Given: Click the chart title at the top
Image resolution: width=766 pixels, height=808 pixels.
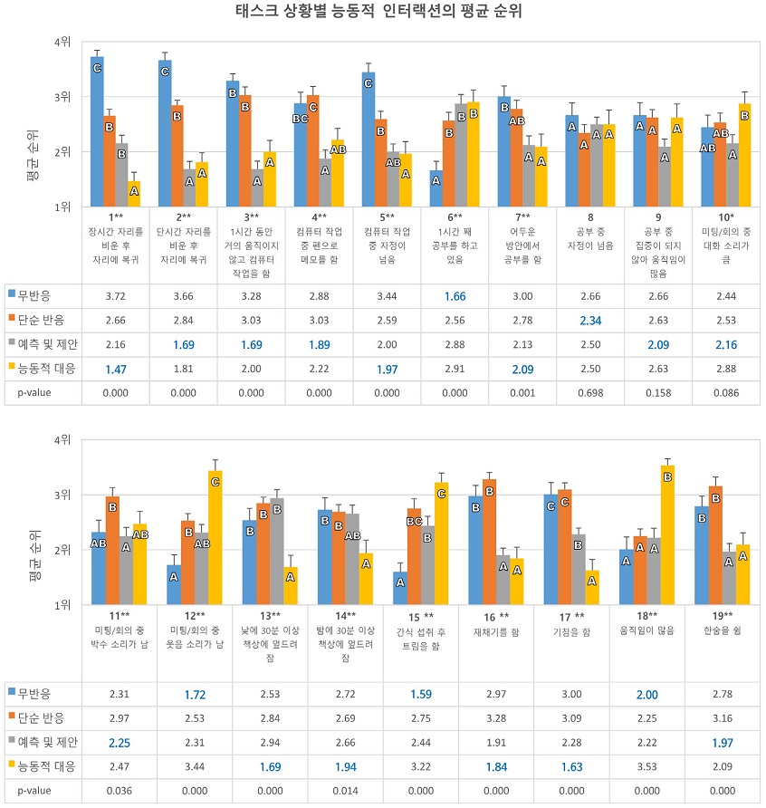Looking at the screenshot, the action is pyautogui.click(x=378, y=11).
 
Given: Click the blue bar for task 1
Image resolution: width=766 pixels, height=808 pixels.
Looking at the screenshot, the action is pyautogui.click(x=97, y=132).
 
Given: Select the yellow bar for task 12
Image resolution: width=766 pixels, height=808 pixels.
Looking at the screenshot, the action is pyautogui.click(x=215, y=537).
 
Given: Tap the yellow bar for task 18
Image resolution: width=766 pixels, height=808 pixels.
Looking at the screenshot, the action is pyautogui.click(x=667, y=534).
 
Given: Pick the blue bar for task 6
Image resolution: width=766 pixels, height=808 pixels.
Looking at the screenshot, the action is pyautogui.click(x=436, y=188).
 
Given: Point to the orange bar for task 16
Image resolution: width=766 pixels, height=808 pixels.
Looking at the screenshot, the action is pyautogui.click(x=489, y=542).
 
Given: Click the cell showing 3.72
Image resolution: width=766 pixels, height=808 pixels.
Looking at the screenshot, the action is pyautogui.click(x=115, y=296).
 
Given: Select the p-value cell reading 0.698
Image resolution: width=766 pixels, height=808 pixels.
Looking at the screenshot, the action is pyautogui.click(x=590, y=392).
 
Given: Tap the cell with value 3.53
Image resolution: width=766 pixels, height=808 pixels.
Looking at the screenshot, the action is pyautogui.click(x=647, y=766).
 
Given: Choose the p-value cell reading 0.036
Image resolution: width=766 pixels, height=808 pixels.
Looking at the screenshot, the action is pyautogui.click(x=119, y=791).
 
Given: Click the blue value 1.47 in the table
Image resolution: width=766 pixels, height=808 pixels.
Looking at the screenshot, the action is pyautogui.click(x=115, y=369).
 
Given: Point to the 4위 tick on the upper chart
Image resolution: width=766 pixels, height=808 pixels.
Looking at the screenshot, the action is pyautogui.click(x=62, y=42).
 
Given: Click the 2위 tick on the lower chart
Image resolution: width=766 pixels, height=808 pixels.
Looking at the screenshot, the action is pyautogui.click(x=62, y=550).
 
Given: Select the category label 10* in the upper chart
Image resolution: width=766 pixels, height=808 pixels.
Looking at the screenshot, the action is pyautogui.click(x=726, y=217).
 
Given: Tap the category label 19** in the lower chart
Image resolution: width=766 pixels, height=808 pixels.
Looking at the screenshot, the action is pyautogui.click(x=723, y=616).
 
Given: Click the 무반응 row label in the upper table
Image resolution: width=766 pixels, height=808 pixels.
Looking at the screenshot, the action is pyautogui.click(x=34, y=296).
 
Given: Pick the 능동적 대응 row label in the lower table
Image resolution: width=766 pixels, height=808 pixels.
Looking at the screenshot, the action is pyautogui.click(x=47, y=766).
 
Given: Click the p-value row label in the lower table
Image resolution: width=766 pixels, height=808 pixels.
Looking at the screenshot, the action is pyautogui.click(x=34, y=791).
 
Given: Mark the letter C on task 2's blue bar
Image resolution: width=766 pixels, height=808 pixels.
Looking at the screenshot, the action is pyautogui.click(x=165, y=72).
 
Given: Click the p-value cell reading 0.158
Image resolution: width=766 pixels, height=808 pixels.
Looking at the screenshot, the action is pyautogui.click(x=658, y=392).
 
